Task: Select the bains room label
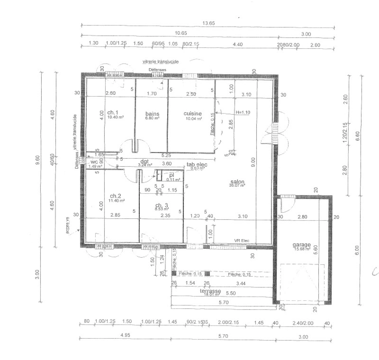tap(152, 113)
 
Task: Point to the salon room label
tap(237, 182)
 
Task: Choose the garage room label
tap(302, 244)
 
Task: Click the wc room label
tap(94, 162)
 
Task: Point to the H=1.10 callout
tap(243, 112)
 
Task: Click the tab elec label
tap(197, 164)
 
